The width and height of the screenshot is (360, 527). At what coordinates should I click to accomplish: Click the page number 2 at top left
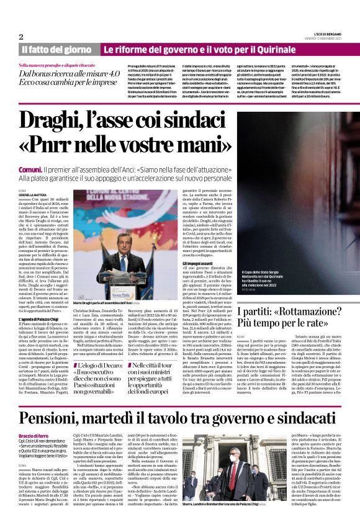[20, 37]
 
